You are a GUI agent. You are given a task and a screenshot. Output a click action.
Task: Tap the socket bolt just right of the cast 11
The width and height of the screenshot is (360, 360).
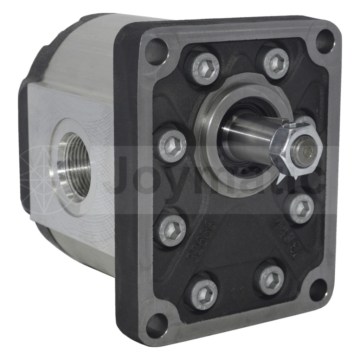point(270,280)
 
